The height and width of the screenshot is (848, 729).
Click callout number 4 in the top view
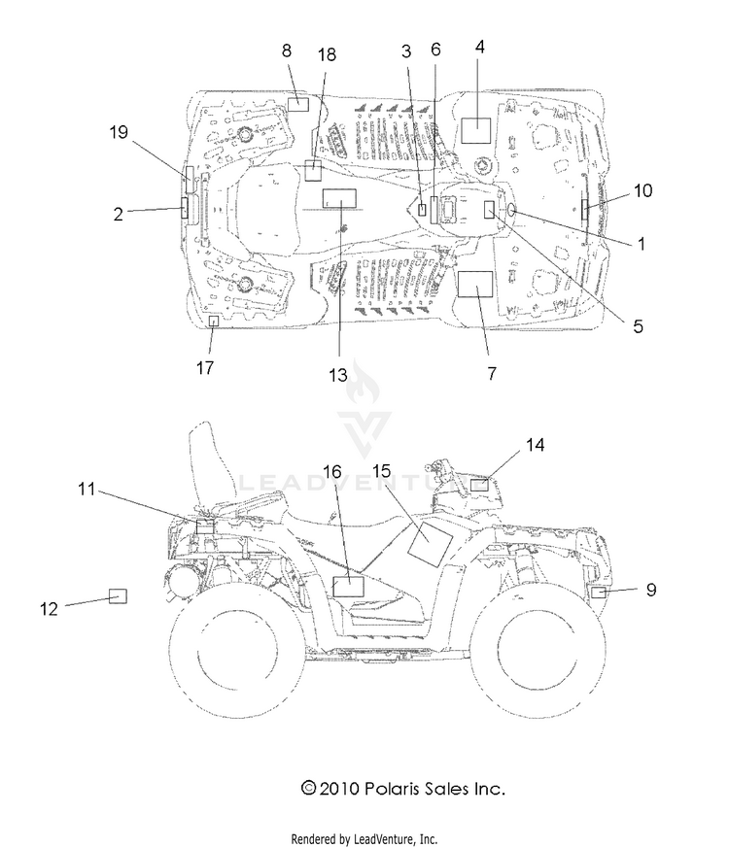[479, 48]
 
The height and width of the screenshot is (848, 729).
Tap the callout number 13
[338, 375]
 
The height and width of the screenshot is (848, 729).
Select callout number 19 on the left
[119, 132]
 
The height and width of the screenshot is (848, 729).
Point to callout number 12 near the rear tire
[49, 609]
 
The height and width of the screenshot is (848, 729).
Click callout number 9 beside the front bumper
[651, 590]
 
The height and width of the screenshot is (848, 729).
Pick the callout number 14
[535, 445]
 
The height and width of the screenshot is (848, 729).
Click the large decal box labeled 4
[475, 130]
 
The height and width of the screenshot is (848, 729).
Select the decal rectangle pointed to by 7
[475, 284]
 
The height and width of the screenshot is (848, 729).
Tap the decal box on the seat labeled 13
[339, 198]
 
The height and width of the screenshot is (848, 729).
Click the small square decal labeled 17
[214, 322]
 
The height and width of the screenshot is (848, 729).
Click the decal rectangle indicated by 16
[348, 587]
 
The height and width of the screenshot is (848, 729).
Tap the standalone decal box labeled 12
[118, 596]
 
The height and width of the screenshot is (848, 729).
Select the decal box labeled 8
[297, 104]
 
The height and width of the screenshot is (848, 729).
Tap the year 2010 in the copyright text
[339, 789]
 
